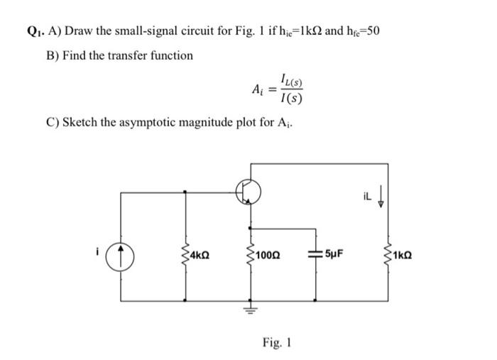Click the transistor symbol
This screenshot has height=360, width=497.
click(249, 191)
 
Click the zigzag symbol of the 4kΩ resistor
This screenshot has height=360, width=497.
click(186, 252)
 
